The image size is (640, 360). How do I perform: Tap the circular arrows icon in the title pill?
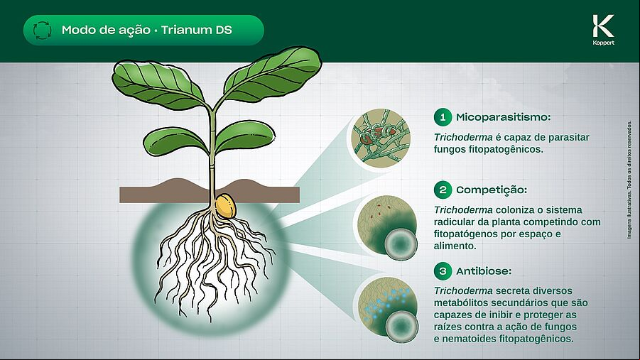tap(43, 31)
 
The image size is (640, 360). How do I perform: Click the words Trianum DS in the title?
tap(196, 30)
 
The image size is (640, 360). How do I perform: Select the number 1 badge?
tap(443, 117)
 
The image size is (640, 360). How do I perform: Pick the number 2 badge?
tap(443, 190)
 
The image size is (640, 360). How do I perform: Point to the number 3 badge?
tap(443, 271)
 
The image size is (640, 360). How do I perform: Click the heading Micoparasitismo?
tap(504, 118)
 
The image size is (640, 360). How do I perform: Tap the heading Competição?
tap(492, 190)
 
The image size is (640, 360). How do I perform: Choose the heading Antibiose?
tap(484, 271)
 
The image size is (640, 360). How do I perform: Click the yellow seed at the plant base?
tap(225, 206)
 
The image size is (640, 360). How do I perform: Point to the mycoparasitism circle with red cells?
tap(381, 138)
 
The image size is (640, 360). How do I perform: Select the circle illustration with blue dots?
tap(388, 309)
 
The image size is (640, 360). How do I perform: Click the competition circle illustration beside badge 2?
tap(387, 227)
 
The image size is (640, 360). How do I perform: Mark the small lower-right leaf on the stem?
tap(244, 136)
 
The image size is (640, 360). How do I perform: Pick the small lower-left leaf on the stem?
tap(175, 141)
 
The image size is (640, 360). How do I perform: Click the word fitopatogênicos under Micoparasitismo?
tap(489, 149)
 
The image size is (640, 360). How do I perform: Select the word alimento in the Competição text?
tap(455, 246)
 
